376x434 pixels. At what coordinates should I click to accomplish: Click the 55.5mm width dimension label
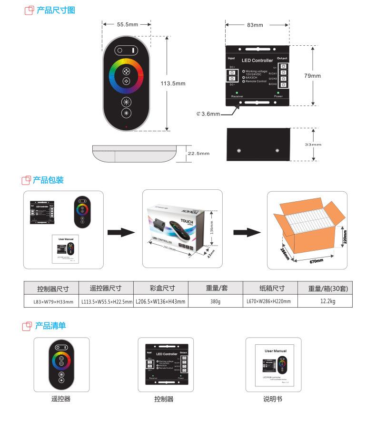tap(127, 24)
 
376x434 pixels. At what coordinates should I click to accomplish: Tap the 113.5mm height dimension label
tap(173, 83)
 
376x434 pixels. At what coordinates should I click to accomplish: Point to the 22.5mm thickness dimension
tap(198, 154)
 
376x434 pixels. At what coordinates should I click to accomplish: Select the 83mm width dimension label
tap(255, 25)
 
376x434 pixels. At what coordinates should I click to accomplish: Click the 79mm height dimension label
tap(312, 76)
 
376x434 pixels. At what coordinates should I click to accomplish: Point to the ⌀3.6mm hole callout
tap(208, 114)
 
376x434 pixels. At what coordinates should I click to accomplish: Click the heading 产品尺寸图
tap(56, 10)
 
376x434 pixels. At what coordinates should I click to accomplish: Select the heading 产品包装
tap(48, 180)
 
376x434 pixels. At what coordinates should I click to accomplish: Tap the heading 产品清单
tap(50, 326)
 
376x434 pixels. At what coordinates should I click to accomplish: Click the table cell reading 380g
tap(216, 301)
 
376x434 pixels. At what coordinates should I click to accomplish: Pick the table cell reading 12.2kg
tap(327, 301)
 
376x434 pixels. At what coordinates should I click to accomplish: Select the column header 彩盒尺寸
tap(162, 288)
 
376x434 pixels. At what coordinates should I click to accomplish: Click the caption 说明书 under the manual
tap(273, 399)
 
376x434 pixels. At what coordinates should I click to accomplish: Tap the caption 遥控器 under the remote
tap(61, 399)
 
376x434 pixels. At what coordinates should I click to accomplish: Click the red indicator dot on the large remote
tap(126, 127)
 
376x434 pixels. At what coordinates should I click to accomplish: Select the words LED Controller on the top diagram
tap(257, 61)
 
